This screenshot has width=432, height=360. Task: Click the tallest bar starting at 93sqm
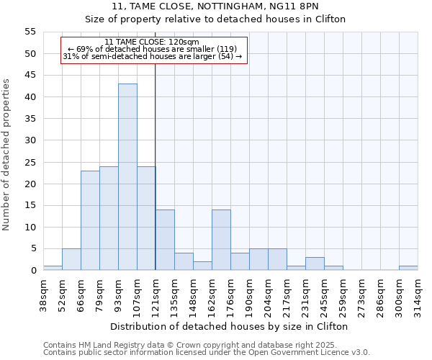(127, 176)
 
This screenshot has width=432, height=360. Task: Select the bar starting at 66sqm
(90, 220)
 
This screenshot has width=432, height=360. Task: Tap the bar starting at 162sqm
(221, 240)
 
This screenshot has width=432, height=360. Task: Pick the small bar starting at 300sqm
(408, 268)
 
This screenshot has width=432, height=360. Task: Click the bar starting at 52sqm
(71, 259)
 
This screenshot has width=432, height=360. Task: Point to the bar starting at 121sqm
(165, 240)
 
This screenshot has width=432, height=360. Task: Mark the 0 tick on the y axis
(32, 271)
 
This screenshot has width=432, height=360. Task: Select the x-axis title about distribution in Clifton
(230, 326)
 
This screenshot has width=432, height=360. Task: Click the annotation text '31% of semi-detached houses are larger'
(148, 56)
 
